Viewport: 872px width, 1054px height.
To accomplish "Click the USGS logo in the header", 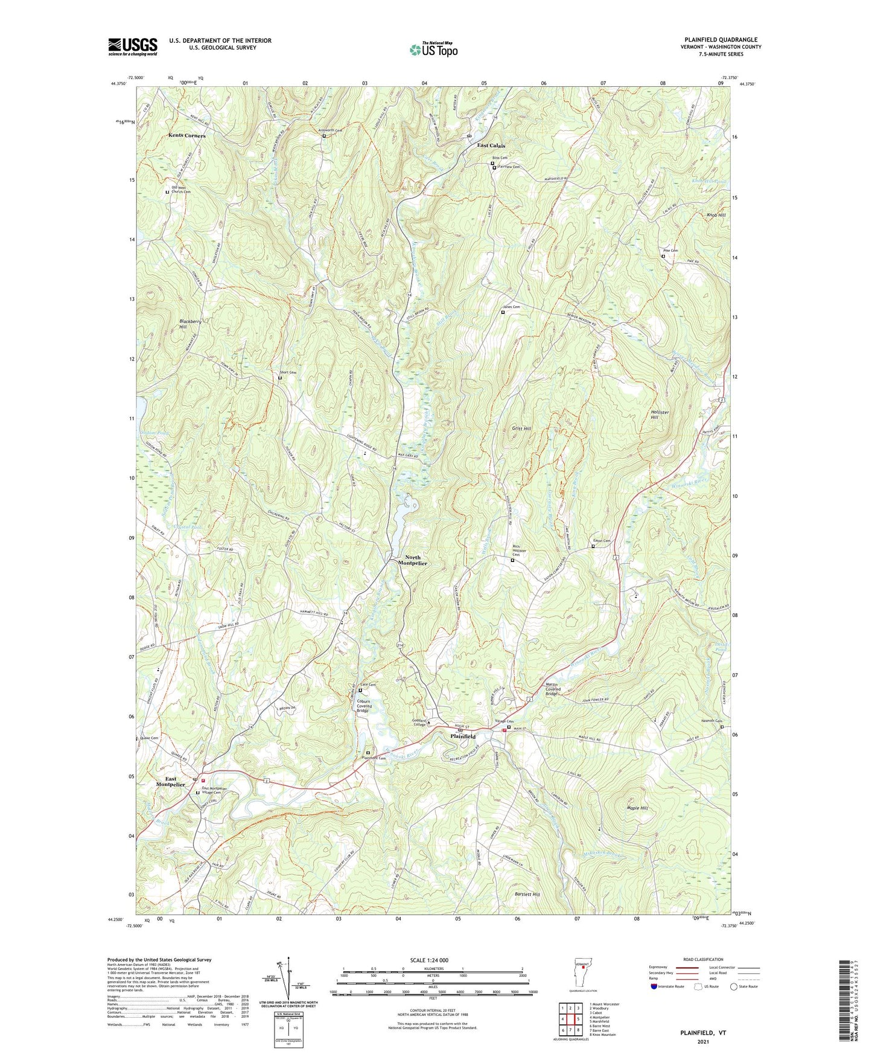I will coord(133,46).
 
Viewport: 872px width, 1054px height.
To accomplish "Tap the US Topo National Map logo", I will coord(432,50).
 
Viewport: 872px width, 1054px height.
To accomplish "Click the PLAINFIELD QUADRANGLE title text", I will coord(721,40).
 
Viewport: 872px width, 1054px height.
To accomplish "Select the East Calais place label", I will coord(491,145).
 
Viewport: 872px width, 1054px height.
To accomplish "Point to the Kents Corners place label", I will coord(186,136).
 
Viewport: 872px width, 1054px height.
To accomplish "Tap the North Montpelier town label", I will coord(412,560).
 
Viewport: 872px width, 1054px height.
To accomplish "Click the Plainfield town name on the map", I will coord(463,736).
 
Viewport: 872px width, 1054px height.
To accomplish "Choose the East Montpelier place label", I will coord(171,782).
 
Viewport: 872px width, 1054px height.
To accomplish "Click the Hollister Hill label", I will coord(658,414).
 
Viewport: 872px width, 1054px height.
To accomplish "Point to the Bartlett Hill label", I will coord(527,895).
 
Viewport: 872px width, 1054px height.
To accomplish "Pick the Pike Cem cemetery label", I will coord(670,251).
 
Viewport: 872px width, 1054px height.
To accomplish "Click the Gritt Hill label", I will coord(521,428).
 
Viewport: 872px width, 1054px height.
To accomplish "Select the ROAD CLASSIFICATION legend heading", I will coord(703,959).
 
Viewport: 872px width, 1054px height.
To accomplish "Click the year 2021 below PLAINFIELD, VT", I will coord(703,1041).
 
